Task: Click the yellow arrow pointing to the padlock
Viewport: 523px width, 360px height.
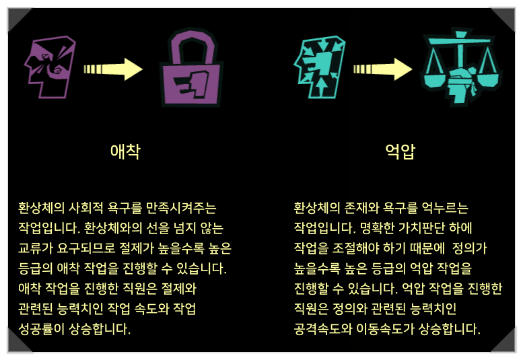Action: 114,68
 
